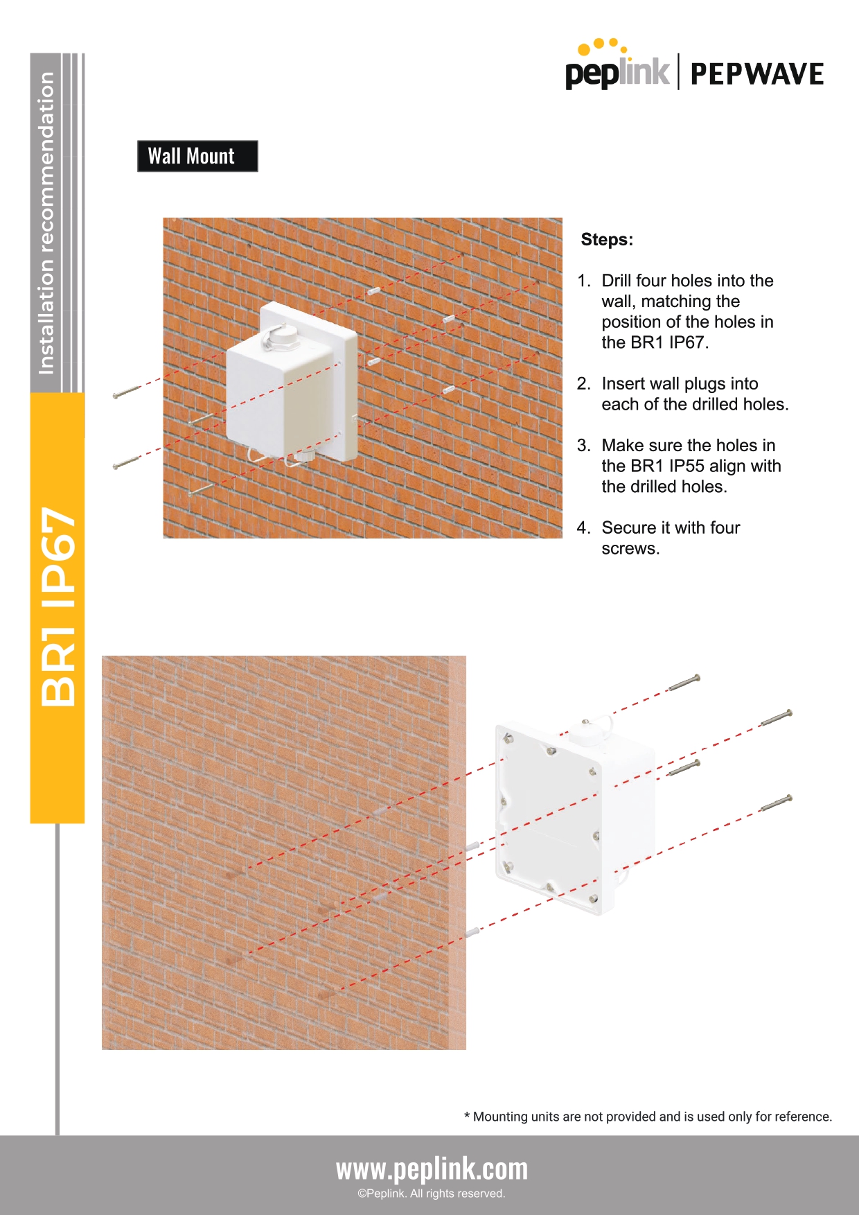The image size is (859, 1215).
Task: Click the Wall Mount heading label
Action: pyautogui.click(x=197, y=156)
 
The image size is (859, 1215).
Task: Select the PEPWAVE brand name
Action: pyautogui.click(x=757, y=74)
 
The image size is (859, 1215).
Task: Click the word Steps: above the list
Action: pyautogui.click(x=607, y=240)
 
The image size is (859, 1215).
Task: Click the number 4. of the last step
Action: pyautogui.click(x=583, y=528)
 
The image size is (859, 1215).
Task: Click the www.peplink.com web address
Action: pyautogui.click(x=432, y=1169)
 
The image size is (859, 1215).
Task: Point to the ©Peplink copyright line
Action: pyautogui.click(x=432, y=1194)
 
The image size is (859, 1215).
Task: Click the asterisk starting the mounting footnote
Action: pyautogui.click(x=467, y=1116)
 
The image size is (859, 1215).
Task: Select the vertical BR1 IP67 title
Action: pyautogui.click(x=58, y=607)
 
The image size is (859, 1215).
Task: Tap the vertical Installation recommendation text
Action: pyautogui.click(x=46, y=223)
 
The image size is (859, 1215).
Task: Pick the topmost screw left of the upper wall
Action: pyautogui.click(x=127, y=392)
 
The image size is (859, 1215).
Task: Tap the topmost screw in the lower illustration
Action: pyautogui.click(x=684, y=683)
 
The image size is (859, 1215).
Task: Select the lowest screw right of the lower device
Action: pyautogui.click(x=776, y=803)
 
